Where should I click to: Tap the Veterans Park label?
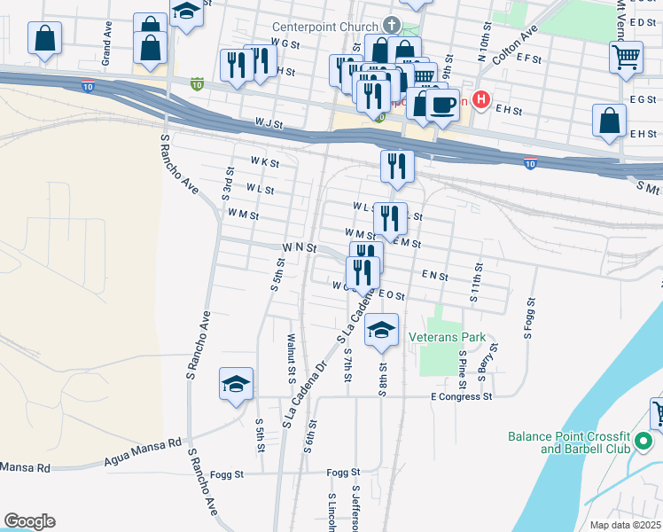[448, 338]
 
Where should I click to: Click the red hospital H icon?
[481, 99]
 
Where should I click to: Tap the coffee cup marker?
[443, 106]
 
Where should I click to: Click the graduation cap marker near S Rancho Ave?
[237, 385]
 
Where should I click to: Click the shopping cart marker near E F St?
[627, 58]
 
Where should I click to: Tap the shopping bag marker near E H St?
[611, 122]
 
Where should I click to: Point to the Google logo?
[29, 521]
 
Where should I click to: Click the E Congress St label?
[461, 396]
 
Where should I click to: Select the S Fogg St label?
[528, 324]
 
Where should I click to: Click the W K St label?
[264, 163]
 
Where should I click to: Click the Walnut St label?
[292, 359]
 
